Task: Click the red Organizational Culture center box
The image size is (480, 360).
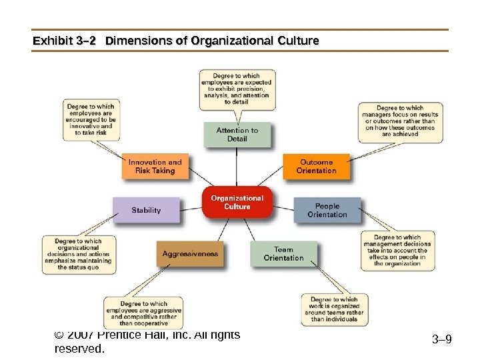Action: pyautogui.click(x=237, y=202)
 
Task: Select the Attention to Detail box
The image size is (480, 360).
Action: pyautogui.click(x=237, y=135)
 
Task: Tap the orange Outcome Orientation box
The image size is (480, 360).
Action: pyautogui.click(x=316, y=167)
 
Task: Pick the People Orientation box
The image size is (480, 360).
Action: pyautogui.click(x=327, y=211)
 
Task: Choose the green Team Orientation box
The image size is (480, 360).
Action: pyautogui.click(x=283, y=254)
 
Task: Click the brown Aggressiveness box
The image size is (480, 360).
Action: pyautogui.click(x=190, y=254)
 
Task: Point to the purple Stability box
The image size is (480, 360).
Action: pyautogui.click(x=146, y=210)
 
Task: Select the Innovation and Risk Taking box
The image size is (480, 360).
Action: pyautogui.click(x=155, y=167)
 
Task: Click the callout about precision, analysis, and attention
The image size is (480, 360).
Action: pyautogui.click(x=237, y=89)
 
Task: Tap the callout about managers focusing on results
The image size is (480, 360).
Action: pyautogui.click(x=400, y=121)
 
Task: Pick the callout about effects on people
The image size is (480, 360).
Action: pyautogui.click(x=397, y=251)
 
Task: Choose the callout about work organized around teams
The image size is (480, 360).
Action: pyautogui.click(x=334, y=309)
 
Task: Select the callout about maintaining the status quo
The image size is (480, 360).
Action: pyautogui.click(x=79, y=254)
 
